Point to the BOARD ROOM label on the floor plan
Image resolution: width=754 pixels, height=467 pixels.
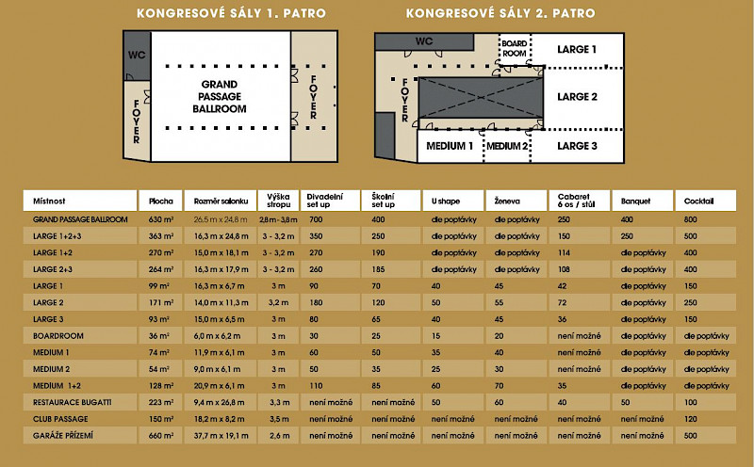[x=515, y=49]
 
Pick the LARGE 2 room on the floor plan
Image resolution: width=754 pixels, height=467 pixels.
[x=577, y=97]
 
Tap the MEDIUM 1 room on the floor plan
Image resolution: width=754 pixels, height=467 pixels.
[x=450, y=146]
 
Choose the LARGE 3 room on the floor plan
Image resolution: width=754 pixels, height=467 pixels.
[x=577, y=146]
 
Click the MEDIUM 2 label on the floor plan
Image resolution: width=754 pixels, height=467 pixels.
[x=508, y=146]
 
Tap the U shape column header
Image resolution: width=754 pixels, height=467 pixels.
[x=447, y=201]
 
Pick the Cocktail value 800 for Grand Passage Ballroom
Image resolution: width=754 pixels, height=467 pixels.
[x=691, y=218]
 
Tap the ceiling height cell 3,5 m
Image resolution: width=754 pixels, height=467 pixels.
[x=278, y=418]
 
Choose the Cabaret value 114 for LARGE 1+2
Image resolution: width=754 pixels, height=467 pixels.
[x=565, y=252]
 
